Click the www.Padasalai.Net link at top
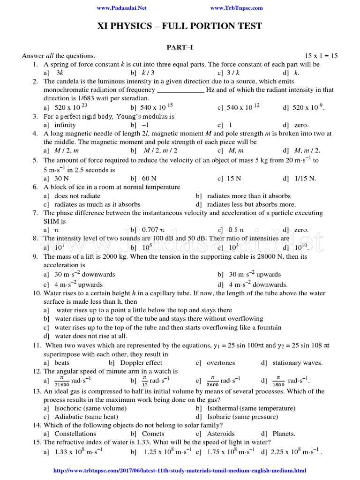point(121,8)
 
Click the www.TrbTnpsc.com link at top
point(236,8)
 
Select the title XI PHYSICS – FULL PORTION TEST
point(180,26)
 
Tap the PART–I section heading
point(180,47)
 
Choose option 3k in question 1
point(59,73)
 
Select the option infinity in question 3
point(65,125)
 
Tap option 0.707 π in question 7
point(152,230)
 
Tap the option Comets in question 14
point(152,434)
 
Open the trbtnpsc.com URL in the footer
point(180,470)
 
